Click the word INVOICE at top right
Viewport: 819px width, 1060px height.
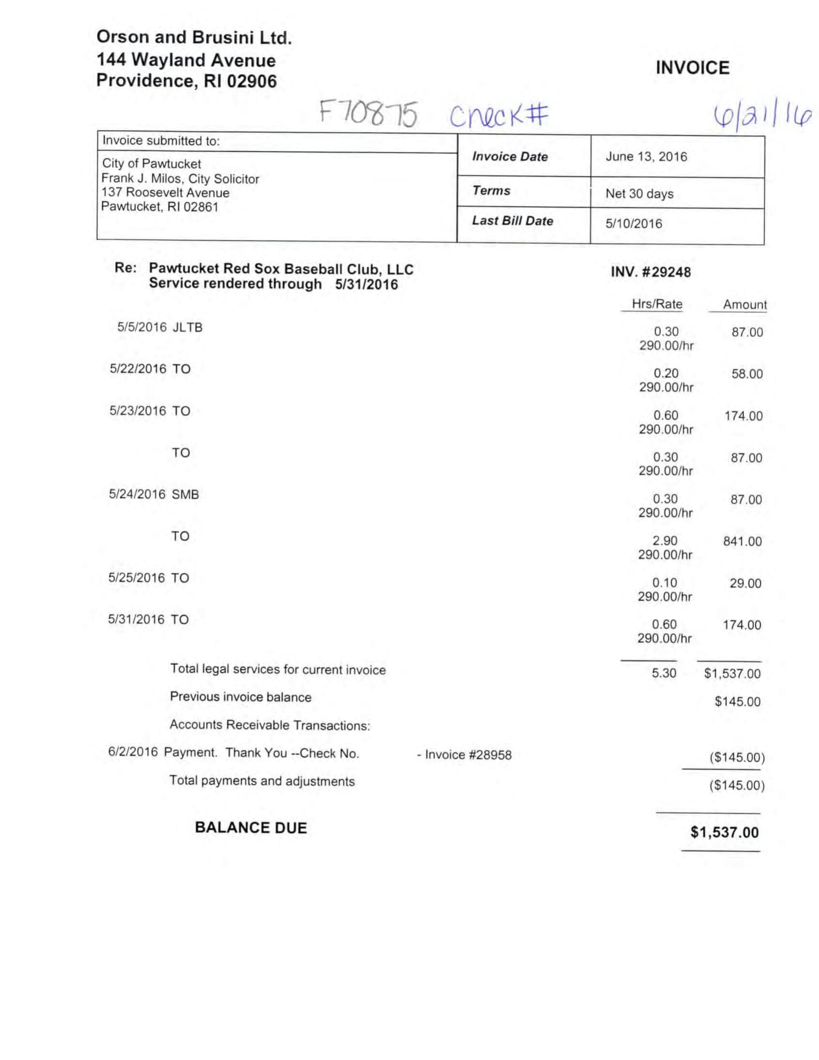click(692, 68)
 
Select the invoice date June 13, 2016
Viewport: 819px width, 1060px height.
click(646, 157)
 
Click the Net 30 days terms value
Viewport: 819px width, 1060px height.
click(639, 193)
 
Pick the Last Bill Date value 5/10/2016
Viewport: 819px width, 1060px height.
click(634, 224)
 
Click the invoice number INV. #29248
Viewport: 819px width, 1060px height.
click(651, 272)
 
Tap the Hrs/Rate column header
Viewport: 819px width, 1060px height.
click(657, 304)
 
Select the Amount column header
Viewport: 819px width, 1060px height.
click(744, 305)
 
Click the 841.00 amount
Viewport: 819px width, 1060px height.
click(742, 542)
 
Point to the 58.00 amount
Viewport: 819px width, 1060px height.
click(747, 374)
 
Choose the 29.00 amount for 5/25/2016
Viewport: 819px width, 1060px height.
click(745, 583)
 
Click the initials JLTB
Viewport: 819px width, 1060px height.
click(187, 327)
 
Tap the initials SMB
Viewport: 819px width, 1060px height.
click(185, 495)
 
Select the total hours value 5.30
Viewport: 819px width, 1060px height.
click(664, 673)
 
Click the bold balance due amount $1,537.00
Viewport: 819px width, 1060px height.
click(724, 833)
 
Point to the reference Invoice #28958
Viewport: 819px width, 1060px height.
click(468, 755)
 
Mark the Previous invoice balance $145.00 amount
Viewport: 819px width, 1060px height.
click(737, 701)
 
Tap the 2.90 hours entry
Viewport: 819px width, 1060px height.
click(665, 541)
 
